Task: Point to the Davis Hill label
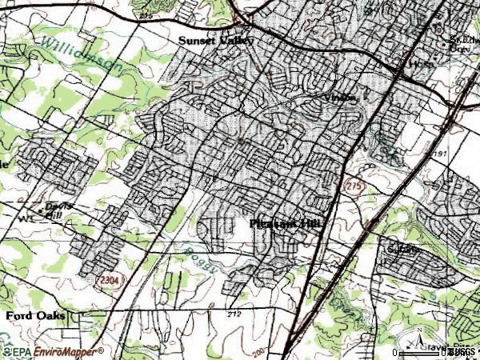(58, 210)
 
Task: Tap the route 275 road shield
(355, 186)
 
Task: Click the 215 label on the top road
(144, 15)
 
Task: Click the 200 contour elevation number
(263, 350)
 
